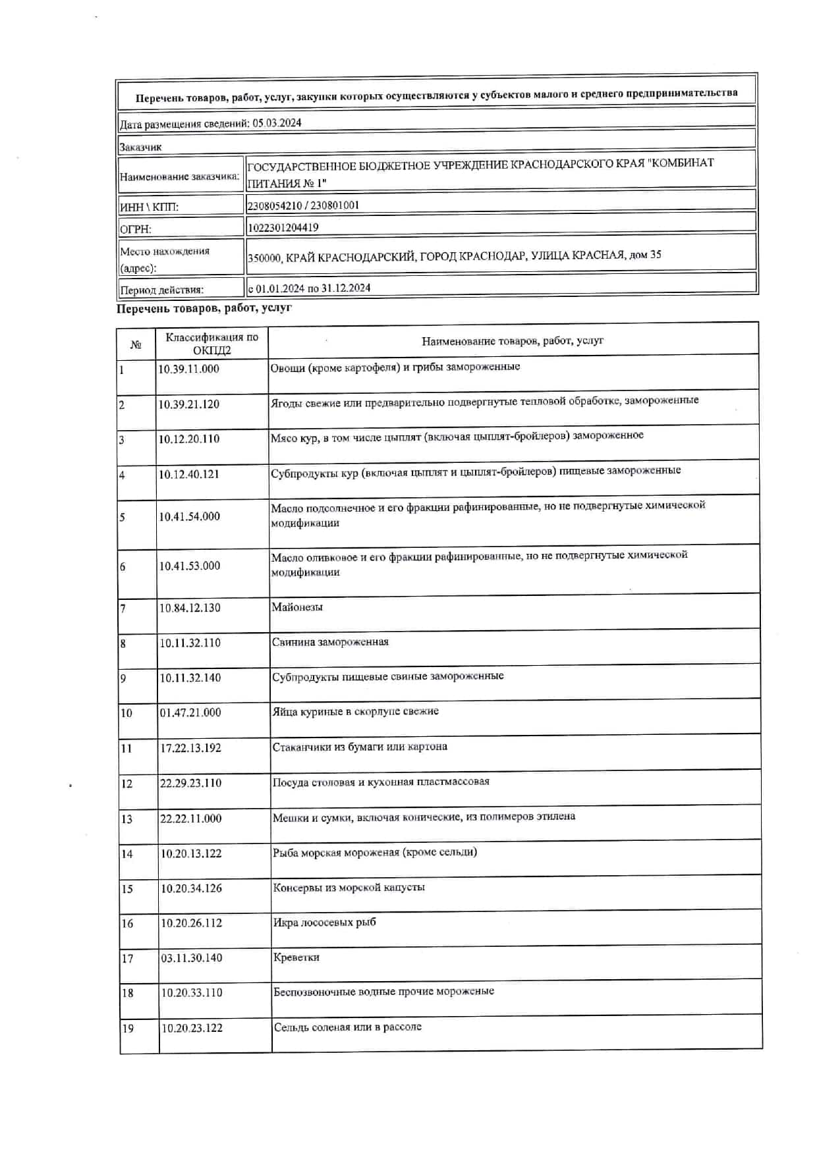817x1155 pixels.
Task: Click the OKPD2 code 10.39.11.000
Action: click(x=188, y=369)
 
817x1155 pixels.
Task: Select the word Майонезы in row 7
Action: click(x=297, y=608)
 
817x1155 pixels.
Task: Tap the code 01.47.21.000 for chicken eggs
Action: click(x=190, y=713)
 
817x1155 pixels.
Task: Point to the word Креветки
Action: click(x=296, y=958)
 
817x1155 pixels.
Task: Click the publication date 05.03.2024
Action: click(x=277, y=123)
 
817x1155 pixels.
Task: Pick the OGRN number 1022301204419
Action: click(x=283, y=228)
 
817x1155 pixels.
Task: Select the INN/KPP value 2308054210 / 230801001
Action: click(x=303, y=205)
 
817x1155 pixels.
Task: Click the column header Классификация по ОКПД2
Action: click(x=211, y=344)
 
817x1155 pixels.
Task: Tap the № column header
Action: click(x=136, y=344)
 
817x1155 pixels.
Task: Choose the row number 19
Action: click(x=127, y=1029)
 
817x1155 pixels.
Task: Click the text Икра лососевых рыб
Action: click(x=325, y=923)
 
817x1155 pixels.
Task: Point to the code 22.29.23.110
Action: click(x=190, y=784)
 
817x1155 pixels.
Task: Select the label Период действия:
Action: click(x=161, y=290)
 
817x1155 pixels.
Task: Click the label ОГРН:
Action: click(x=136, y=229)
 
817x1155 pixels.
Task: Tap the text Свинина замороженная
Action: click(x=330, y=642)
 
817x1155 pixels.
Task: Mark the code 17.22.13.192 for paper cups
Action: click(x=190, y=749)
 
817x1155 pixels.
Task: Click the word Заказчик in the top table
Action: click(x=140, y=147)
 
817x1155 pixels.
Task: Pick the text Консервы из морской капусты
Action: click(x=349, y=888)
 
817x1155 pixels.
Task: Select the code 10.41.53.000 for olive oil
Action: click(x=190, y=566)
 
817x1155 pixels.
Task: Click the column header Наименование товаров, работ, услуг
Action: click(x=513, y=341)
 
